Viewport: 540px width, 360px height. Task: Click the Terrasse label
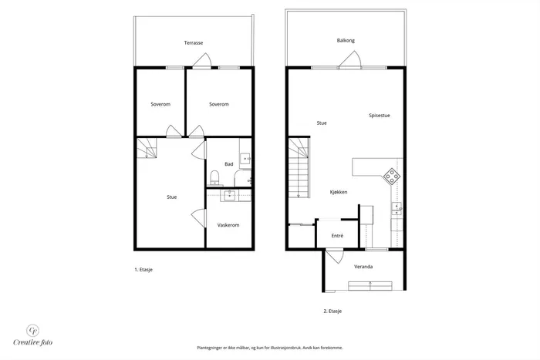(x=194, y=43)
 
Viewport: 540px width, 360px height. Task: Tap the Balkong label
(x=346, y=41)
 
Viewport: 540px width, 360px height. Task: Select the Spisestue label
(x=380, y=116)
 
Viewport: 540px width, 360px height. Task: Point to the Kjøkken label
(x=339, y=192)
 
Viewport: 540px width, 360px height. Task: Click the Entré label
(x=338, y=236)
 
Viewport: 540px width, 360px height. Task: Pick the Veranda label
(x=363, y=267)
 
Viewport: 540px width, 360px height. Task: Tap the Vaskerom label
(x=228, y=225)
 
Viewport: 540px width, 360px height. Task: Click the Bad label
(x=229, y=164)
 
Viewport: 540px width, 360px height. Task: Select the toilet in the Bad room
(x=215, y=177)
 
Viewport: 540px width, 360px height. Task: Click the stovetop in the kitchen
(x=392, y=177)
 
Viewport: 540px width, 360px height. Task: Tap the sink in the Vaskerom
(x=229, y=196)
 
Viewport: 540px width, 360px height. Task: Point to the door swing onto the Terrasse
(x=202, y=60)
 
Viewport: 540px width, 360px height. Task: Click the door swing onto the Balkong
(x=350, y=59)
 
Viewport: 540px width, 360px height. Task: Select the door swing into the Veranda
(x=335, y=257)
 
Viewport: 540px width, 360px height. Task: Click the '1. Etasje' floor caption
(x=143, y=270)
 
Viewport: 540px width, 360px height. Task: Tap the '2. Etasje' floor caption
(x=332, y=311)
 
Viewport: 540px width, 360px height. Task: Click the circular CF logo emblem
(x=33, y=331)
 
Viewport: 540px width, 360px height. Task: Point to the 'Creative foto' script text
(x=33, y=342)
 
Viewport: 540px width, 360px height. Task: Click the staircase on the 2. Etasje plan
(x=299, y=167)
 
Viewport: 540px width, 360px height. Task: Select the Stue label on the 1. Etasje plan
(x=172, y=197)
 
